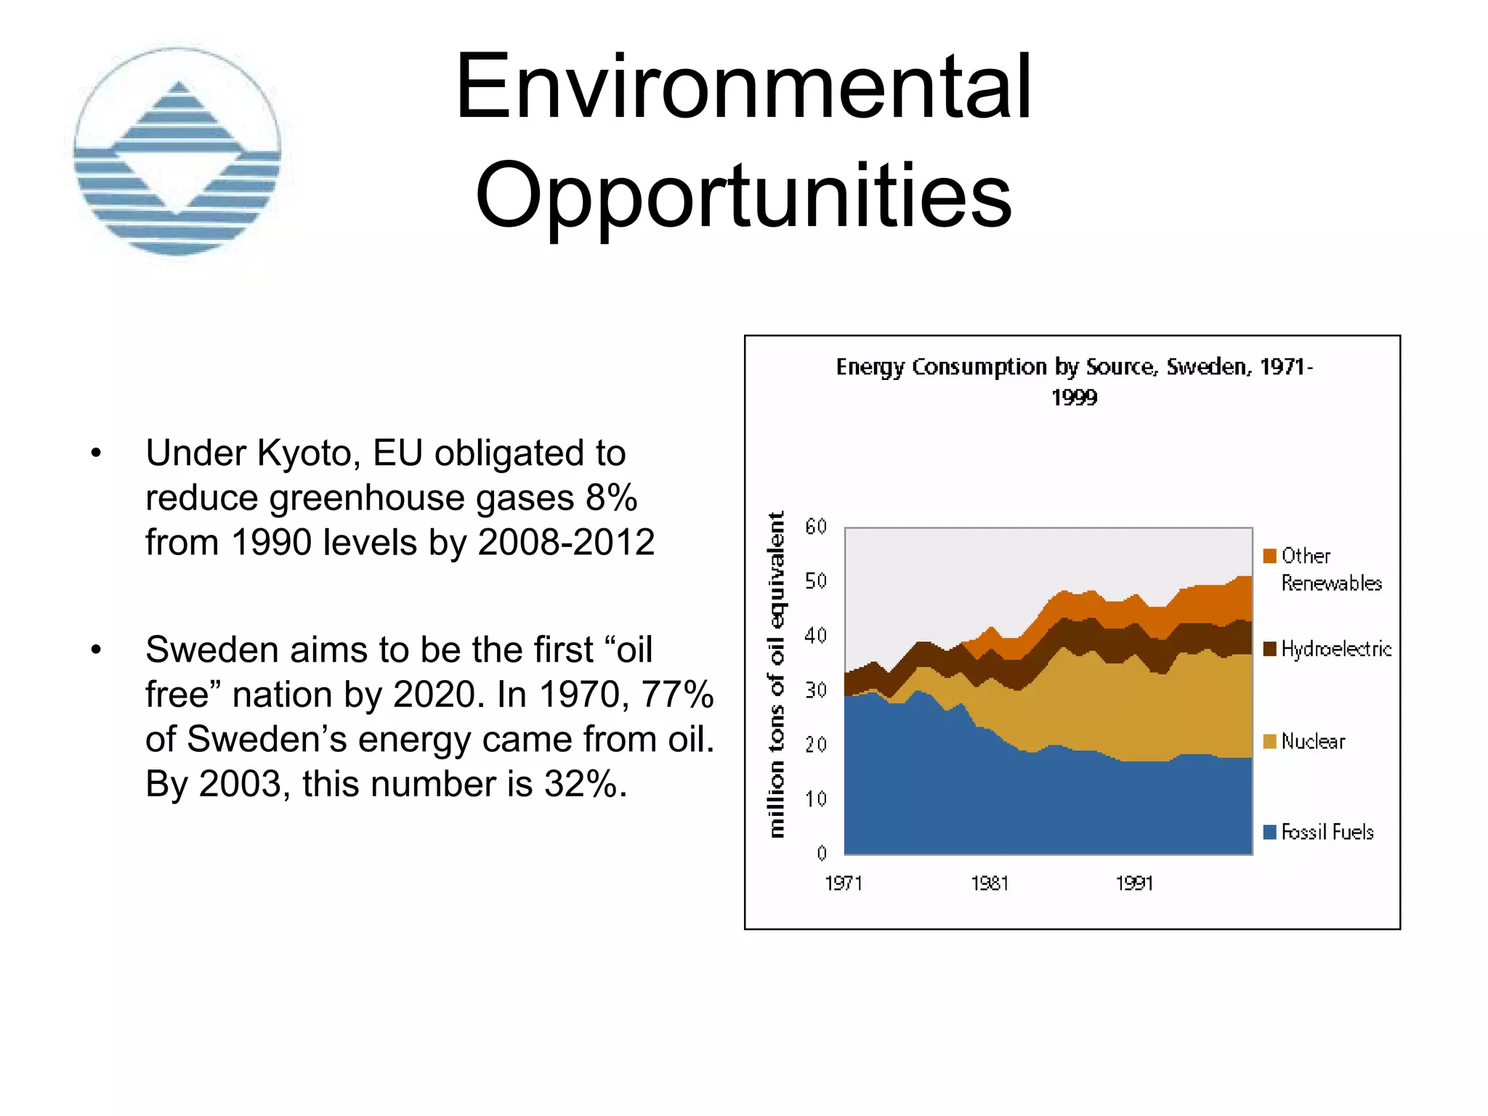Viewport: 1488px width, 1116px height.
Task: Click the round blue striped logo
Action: coord(177,152)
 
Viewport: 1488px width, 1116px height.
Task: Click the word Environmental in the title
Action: coord(743,87)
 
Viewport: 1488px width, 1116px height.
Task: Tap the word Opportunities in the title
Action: coord(743,195)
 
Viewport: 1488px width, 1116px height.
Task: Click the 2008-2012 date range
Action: coord(566,543)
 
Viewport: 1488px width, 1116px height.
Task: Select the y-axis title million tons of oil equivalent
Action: coord(777,674)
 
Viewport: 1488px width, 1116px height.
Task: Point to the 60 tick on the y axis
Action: coord(816,527)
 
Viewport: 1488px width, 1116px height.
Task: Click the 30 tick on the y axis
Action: coord(816,690)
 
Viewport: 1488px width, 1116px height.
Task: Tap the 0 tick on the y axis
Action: coord(822,854)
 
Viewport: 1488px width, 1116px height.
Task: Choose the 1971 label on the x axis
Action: coord(844,883)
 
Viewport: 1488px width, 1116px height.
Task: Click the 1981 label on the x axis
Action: coord(990,883)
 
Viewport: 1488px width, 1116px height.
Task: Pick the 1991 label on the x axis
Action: coord(1134,883)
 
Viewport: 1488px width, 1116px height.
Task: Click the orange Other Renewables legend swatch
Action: coord(1270,557)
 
